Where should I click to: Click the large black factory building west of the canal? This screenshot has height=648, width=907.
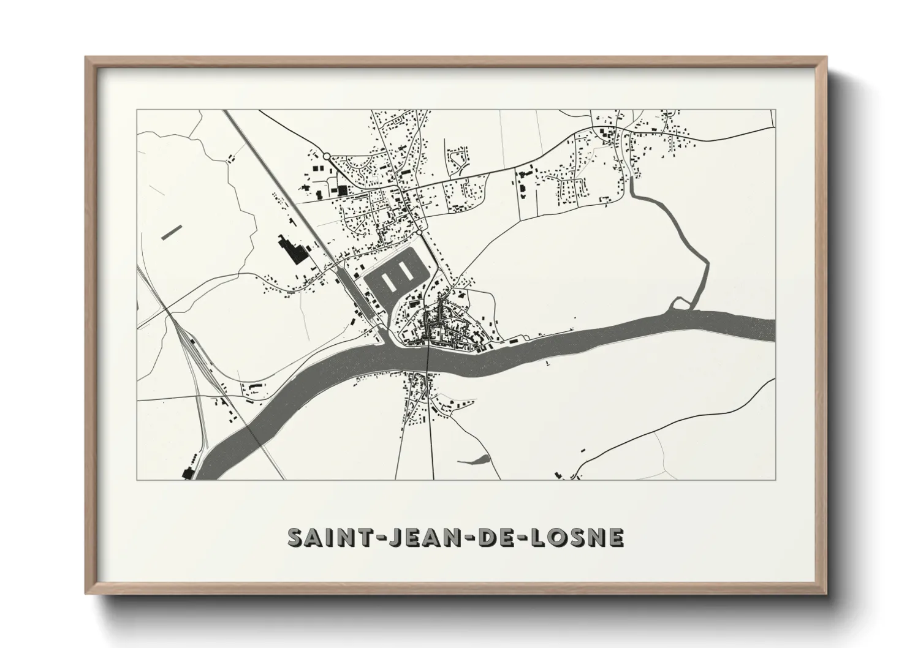pyautogui.click(x=293, y=251)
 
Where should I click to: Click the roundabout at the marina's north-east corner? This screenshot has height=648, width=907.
pyautogui.click(x=419, y=233)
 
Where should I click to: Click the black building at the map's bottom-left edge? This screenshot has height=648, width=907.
pyautogui.click(x=188, y=472)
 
